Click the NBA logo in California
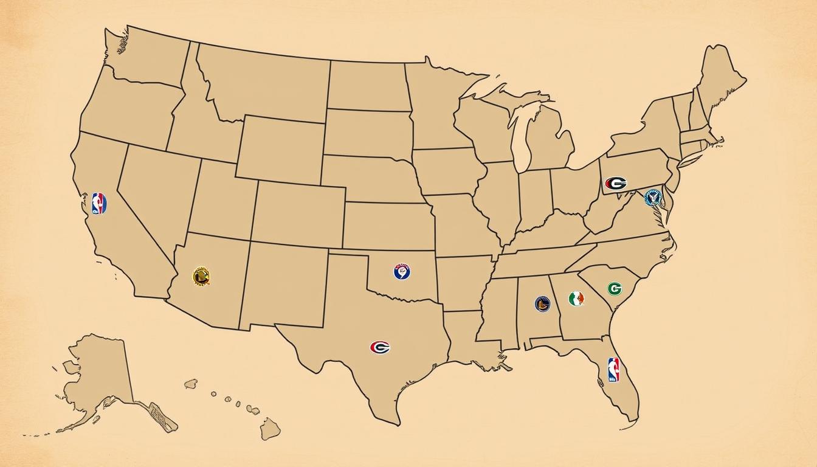(99, 204)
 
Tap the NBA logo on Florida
(613, 369)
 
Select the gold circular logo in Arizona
(201, 277)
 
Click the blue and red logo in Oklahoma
(402, 271)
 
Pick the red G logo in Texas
(380, 347)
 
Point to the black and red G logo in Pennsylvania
(616, 183)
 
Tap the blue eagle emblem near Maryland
(653, 198)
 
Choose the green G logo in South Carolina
(615, 288)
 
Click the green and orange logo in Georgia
(576, 299)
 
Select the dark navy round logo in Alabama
(542, 303)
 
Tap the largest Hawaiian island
(270, 429)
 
